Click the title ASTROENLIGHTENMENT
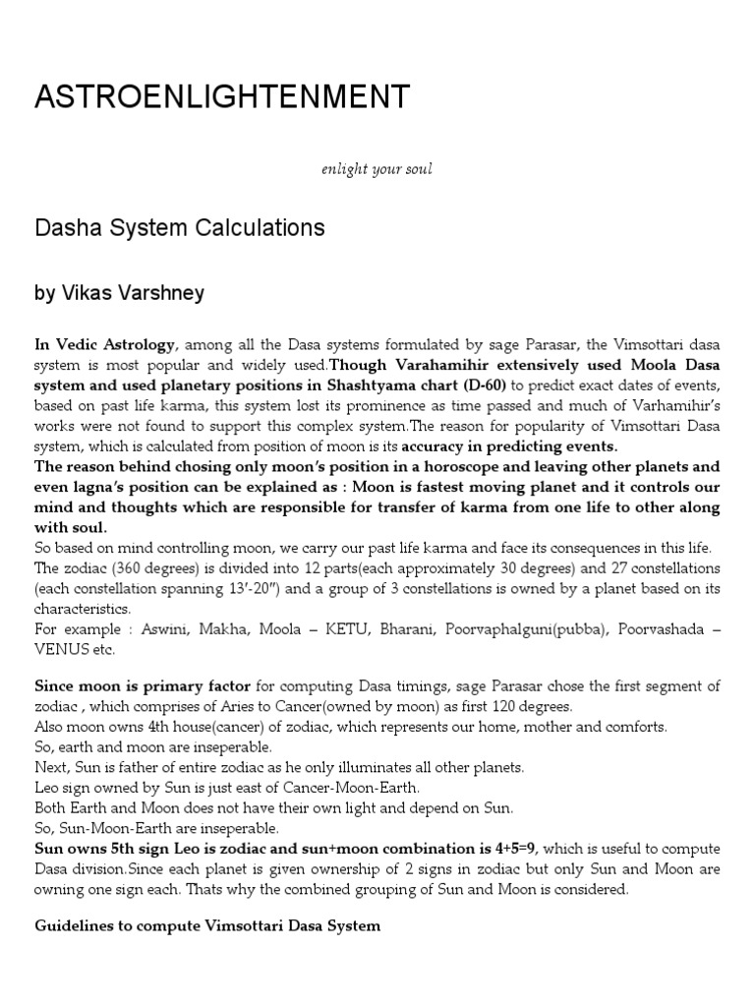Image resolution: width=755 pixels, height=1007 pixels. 222,96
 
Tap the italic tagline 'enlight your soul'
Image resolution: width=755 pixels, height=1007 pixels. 377,169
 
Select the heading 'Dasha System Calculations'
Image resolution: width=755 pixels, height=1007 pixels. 180,228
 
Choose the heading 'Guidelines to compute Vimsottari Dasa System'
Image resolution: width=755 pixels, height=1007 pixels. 207,926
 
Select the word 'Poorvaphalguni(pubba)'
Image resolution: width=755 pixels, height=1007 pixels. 536,628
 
